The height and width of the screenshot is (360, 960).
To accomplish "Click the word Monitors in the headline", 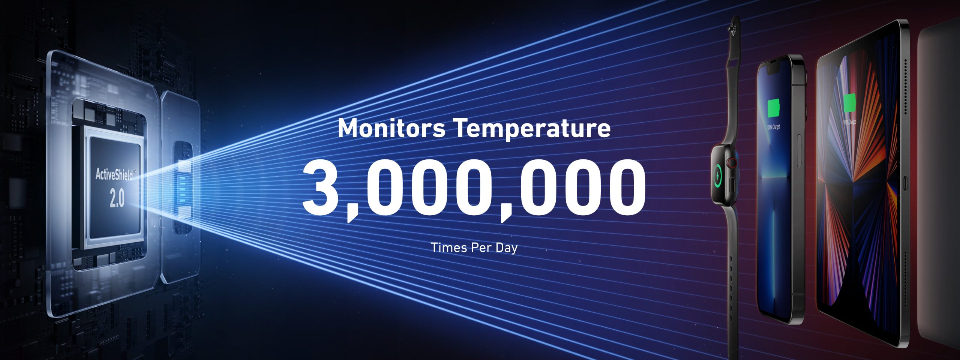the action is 391,128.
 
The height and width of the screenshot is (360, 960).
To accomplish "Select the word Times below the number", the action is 445,247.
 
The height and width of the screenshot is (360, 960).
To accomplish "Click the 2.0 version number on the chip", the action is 117,199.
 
